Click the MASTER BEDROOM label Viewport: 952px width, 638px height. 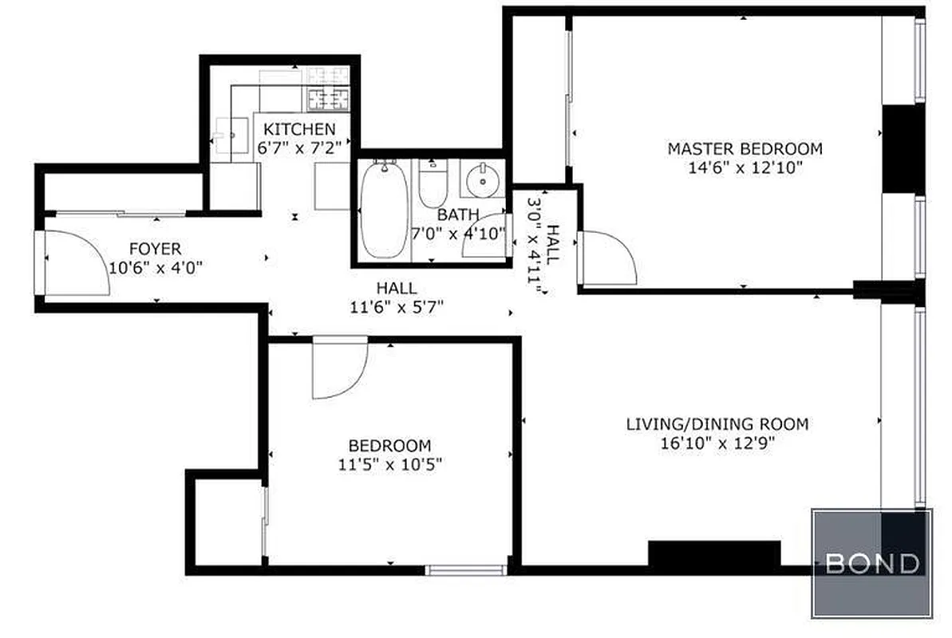(x=744, y=148)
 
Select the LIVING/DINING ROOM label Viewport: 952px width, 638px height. (x=717, y=424)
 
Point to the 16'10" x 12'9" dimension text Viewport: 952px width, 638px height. (x=717, y=443)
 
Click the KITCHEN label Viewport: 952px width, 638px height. (x=299, y=129)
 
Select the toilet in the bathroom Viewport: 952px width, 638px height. (x=433, y=185)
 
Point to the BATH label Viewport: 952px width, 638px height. (x=458, y=215)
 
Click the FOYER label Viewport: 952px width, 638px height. (x=156, y=249)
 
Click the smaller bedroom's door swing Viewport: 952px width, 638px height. (x=339, y=367)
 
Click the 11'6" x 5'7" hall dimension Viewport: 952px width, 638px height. (x=396, y=306)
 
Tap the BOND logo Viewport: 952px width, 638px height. (x=871, y=564)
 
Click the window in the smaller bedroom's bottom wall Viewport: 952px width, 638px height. (x=465, y=569)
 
